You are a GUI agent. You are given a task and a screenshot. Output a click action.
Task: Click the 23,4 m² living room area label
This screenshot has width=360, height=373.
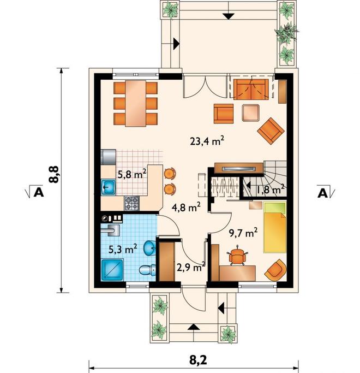coord(207,141)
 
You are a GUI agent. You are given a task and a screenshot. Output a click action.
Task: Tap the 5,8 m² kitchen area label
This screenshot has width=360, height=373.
coord(131,174)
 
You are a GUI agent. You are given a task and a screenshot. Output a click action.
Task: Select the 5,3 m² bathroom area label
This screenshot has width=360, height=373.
coord(123,249)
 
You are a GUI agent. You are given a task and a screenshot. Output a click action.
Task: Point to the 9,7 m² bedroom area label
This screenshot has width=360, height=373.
coord(243,233)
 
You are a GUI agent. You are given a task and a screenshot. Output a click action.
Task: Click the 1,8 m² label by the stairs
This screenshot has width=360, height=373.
coord(271,190)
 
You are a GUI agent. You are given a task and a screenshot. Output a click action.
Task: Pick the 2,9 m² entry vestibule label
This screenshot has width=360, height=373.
coord(191,268)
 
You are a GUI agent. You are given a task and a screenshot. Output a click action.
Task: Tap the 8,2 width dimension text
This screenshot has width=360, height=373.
coord(198,360)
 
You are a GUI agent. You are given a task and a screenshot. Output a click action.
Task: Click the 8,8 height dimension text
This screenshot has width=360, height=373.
coord(53,174)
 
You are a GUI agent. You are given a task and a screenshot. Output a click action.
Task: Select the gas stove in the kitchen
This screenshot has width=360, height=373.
coord(132,203)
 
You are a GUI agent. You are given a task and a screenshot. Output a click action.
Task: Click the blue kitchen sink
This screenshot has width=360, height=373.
coord(109,187)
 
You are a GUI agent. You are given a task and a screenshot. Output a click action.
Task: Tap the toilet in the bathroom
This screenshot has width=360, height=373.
coord(147,270)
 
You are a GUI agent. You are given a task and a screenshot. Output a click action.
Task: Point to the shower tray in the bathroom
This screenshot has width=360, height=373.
coord(112,270)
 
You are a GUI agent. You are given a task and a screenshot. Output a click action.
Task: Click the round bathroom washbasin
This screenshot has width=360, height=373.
coord(149,248)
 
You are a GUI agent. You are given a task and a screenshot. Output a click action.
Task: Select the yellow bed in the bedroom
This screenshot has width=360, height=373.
coord(274,227)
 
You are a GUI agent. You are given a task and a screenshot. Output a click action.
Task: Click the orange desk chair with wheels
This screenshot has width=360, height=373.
coord(236,256)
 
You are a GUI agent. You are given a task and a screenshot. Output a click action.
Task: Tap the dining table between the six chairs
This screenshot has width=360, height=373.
coord(135,103)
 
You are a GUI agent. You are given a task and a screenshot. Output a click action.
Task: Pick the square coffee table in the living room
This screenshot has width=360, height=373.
coord(251,113)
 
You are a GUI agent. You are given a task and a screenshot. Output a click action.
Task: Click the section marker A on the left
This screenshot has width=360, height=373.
coord(38,192)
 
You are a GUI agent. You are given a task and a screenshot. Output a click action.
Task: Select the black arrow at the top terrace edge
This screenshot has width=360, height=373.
coord(229,16)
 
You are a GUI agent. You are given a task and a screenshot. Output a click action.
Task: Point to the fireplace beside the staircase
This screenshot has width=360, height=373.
coord(239,168)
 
